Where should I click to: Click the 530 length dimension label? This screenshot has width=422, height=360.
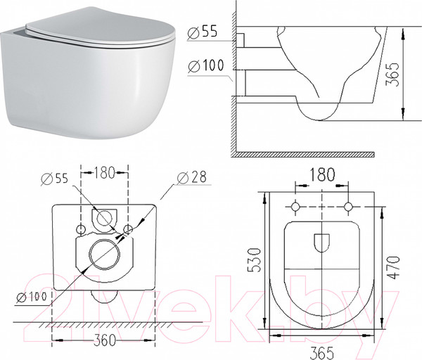click(x=254, y=259)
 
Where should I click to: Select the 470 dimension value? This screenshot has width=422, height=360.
click(x=394, y=267)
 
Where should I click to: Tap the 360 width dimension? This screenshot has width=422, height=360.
click(x=104, y=340)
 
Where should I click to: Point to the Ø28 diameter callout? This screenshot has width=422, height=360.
click(x=192, y=177)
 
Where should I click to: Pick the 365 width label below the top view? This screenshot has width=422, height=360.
click(x=321, y=352)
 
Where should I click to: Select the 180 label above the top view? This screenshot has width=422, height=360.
click(x=322, y=174)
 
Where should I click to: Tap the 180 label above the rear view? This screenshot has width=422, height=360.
click(x=104, y=172)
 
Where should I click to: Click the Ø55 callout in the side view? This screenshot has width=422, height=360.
click(x=202, y=32)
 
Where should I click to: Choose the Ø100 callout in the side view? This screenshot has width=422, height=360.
click(x=206, y=65)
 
